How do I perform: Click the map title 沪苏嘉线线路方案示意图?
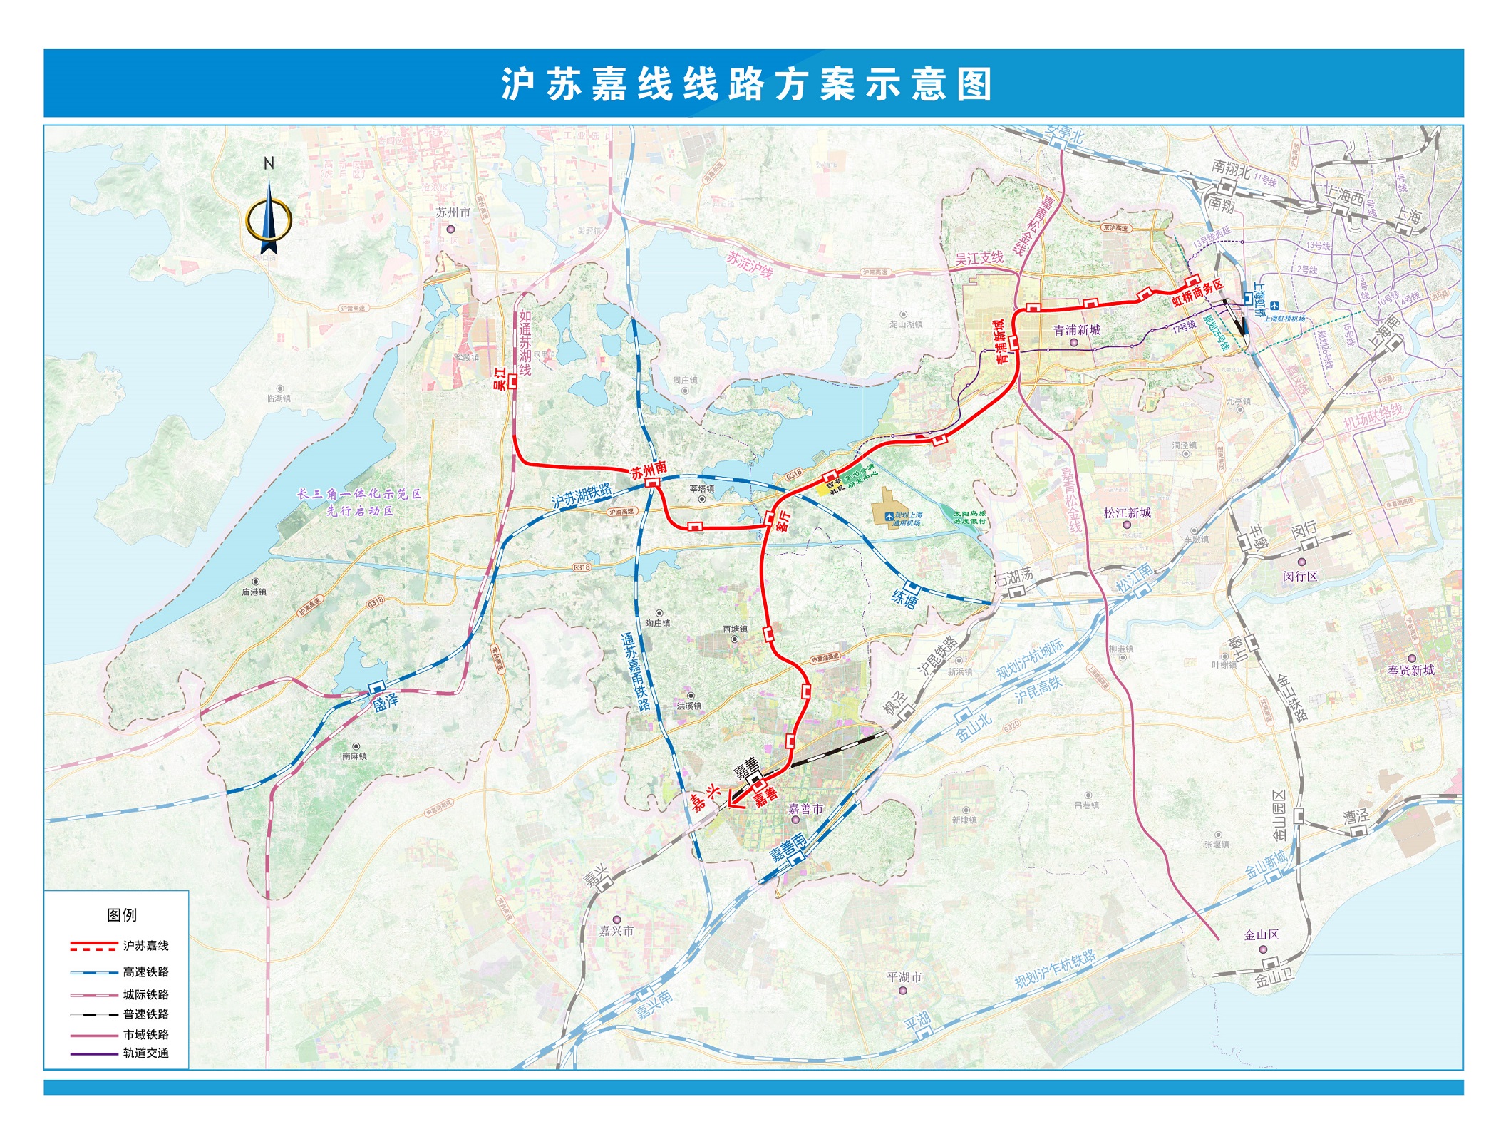click(x=745, y=84)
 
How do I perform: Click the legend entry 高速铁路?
click(x=145, y=971)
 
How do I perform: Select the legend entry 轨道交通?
click(x=145, y=1053)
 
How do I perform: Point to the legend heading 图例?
click(x=121, y=915)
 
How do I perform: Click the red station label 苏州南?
click(x=649, y=469)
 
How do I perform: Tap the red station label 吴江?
click(x=500, y=378)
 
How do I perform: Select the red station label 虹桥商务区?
click(x=1197, y=293)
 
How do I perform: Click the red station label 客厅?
click(x=783, y=521)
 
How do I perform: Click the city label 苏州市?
click(x=453, y=212)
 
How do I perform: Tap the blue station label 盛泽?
click(x=386, y=703)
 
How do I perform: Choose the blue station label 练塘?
click(x=904, y=598)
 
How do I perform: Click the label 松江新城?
click(x=1127, y=512)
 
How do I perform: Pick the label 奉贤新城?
click(x=1410, y=670)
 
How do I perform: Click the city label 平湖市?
click(x=904, y=977)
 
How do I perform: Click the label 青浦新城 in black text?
click(x=1077, y=330)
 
